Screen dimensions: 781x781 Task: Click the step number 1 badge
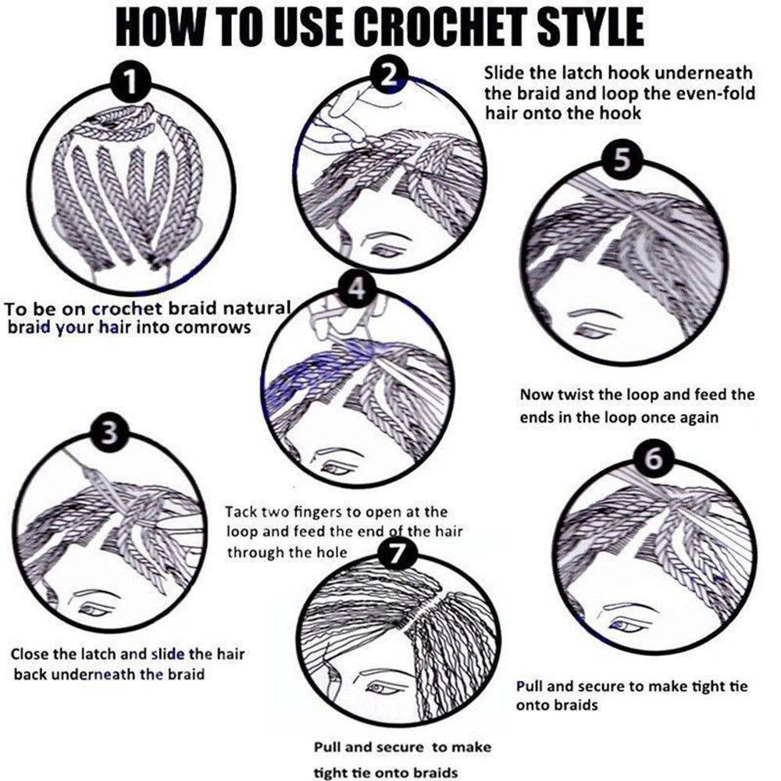coord(130,81)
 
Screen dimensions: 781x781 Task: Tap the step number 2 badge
coord(390,75)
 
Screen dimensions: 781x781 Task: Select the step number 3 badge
coord(112,433)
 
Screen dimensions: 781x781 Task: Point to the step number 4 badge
coord(355,290)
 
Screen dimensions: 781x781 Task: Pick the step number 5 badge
coord(623,159)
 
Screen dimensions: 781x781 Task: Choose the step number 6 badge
coord(655,458)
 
